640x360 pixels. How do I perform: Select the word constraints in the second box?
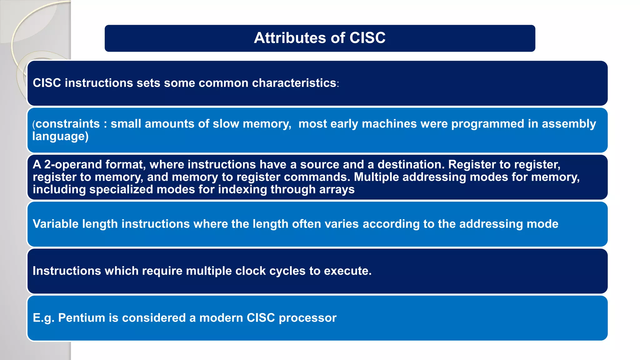pos(67,124)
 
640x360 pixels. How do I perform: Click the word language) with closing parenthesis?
pos(60,137)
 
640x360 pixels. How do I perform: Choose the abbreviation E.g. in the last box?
pos(43,318)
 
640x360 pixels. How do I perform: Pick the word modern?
pos(221,318)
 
